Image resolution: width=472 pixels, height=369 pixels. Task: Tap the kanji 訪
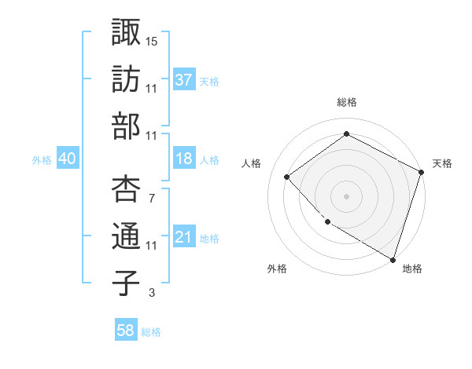click(127, 79)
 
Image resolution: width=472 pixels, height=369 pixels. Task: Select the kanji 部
click(127, 126)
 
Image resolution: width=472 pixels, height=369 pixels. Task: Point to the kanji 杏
click(127, 188)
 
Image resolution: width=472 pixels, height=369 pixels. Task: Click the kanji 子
click(127, 283)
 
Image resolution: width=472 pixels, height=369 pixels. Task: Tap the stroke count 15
click(152, 41)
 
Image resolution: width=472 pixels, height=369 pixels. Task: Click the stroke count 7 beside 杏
click(151, 198)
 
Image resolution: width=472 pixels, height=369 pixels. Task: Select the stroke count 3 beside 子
click(151, 294)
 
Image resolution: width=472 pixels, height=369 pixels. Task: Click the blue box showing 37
click(184, 79)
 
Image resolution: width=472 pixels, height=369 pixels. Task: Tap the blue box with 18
click(184, 159)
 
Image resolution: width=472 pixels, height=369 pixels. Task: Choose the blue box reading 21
click(184, 237)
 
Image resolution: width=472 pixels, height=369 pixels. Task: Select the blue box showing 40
click(68, 159)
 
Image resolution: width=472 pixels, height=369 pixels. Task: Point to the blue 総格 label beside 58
click(151, 332)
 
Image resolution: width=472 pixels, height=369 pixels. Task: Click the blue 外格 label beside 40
click(42, 159)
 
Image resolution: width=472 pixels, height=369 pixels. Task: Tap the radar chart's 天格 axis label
click(442, 163)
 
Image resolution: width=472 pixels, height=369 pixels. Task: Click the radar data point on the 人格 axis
click(287, 177)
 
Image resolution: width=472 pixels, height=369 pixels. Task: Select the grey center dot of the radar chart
click(346, 195)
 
